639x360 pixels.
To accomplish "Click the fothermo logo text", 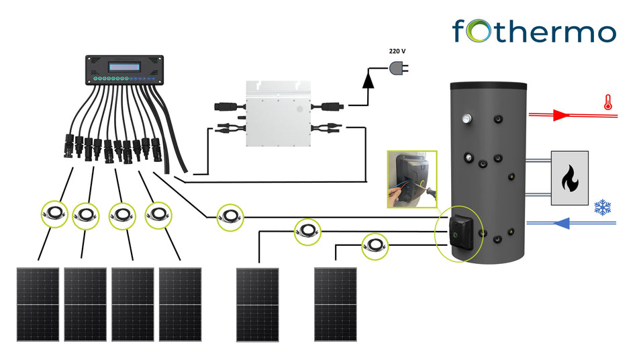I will [533, 31].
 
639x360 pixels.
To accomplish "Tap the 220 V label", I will [398, 51].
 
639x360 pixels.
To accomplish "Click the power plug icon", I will [398, 67].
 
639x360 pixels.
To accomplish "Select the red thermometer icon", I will [607, 103].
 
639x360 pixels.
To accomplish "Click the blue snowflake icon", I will [604, 208].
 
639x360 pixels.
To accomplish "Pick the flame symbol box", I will [569, 178].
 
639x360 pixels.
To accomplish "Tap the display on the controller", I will [123, 66].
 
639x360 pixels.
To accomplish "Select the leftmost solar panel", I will [38, 304].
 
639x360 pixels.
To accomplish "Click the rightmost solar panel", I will [336, 304].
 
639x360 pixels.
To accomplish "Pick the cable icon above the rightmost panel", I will [375, 246].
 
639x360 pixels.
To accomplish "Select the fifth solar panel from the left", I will [257, 304].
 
